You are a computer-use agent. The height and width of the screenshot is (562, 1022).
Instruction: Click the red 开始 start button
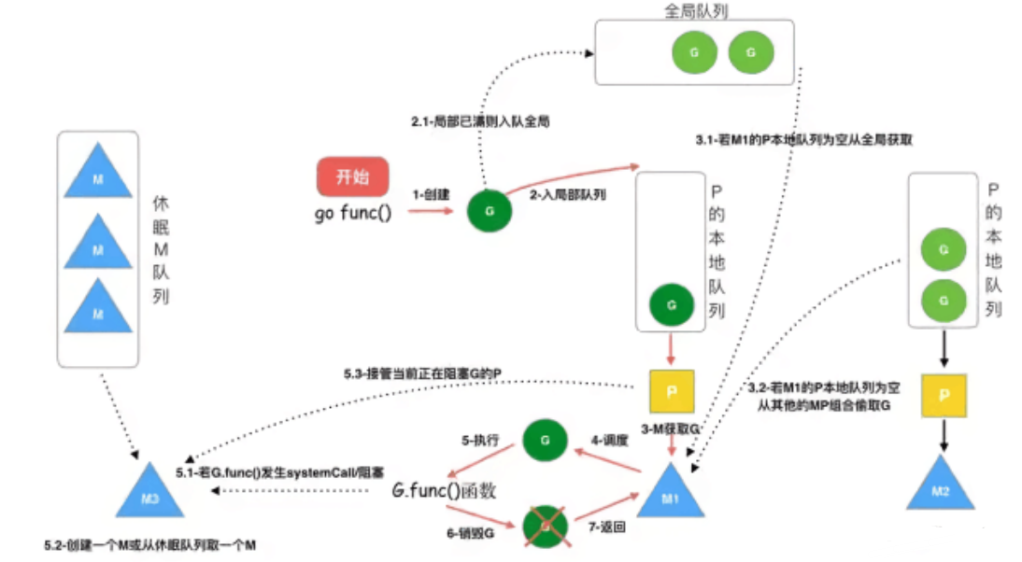353,176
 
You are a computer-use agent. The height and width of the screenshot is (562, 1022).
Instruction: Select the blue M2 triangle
942,485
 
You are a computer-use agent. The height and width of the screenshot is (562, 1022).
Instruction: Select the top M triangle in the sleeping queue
97,174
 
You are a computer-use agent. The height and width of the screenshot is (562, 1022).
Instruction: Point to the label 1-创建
432,194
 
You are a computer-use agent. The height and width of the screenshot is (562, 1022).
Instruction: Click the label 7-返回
605,527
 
